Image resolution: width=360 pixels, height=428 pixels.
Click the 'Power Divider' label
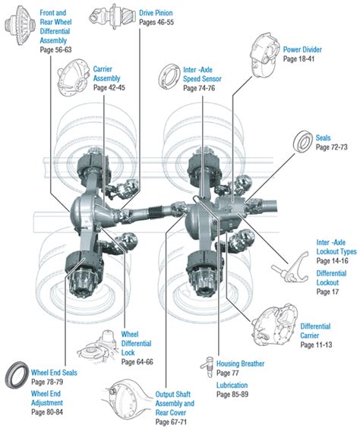click(x=302, y=50)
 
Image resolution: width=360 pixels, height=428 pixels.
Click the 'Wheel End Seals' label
click(x=54, y=373)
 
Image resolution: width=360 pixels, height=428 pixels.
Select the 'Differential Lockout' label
click(x=331, y=277)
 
